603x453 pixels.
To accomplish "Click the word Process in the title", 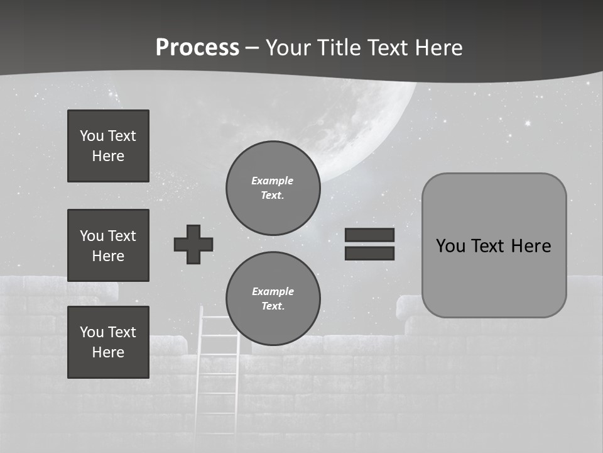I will [197, 47].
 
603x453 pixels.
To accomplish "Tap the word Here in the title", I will [438, 48].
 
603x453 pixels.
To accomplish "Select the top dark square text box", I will [108, 146].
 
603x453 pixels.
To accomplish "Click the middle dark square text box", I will [108, 245].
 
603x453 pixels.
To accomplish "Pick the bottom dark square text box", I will [108, 342].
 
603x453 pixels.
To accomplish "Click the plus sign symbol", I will [193, 244].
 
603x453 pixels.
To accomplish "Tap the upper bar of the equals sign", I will [369, 235].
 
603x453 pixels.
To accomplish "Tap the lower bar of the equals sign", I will [369, 253].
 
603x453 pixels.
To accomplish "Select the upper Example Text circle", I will [273, 188].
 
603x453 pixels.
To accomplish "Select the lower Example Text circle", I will [273, 299].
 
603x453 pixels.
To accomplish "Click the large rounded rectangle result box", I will [494, 277].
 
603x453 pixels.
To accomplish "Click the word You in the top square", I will [92, 136].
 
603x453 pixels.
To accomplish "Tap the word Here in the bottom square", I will [108, 352].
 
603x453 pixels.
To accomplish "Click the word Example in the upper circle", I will [273, 181].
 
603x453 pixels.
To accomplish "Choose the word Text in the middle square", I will [122, 236].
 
